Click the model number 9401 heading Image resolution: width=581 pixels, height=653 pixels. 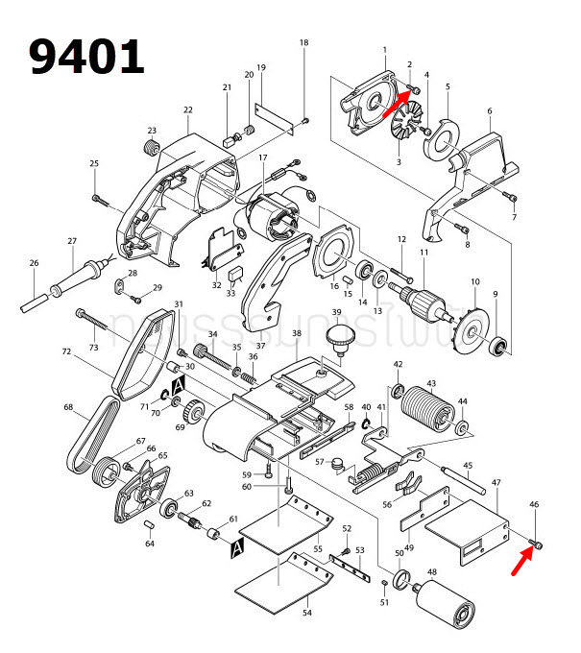(x=86, y=57)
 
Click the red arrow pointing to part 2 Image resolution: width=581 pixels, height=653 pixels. (x=398, y=102)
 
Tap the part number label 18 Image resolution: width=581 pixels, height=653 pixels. (x=304, y=43)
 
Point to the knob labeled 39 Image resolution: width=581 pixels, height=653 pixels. (x=337, y=337)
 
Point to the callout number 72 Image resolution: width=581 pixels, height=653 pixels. (x=66, y=352)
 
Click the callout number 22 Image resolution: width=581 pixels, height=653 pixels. (x=187, y=109)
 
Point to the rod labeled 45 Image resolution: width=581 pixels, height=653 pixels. (x=460, y=478)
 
